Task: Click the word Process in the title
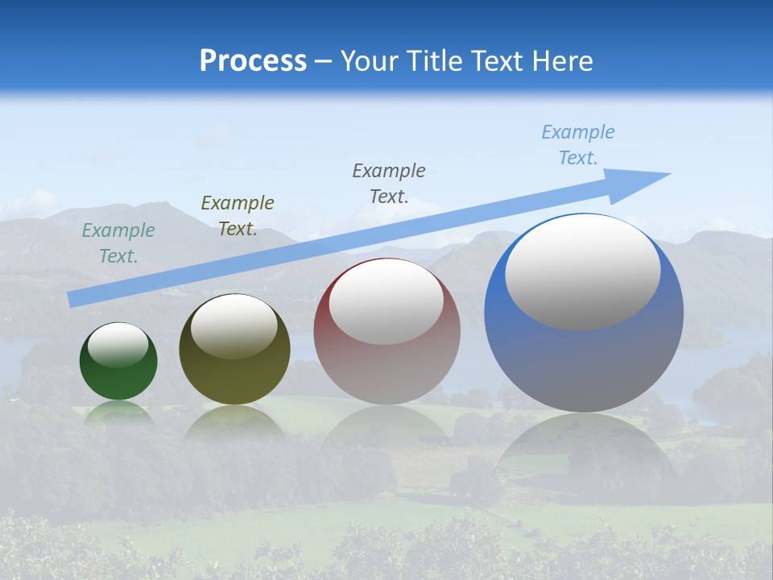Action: coord(253,61)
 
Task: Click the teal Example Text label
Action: coord(118,243)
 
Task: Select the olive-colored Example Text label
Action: coord(238,216)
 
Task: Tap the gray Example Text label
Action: coord(389,184)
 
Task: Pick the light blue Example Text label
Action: coord(578,145)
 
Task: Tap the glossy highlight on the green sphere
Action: coord(118,345)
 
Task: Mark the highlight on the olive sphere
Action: coord(234,327)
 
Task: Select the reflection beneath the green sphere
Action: coord(118,412)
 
